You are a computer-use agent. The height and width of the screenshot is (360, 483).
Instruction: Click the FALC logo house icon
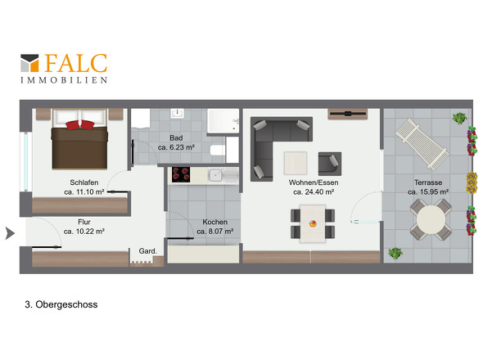[x=29, y=63]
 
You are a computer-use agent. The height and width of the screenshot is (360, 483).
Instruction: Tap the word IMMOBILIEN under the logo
[x=64, y=80]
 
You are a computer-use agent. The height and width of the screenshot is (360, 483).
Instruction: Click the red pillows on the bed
[x=79, y=124]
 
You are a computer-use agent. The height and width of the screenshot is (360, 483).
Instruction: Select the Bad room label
[x=176, y=138]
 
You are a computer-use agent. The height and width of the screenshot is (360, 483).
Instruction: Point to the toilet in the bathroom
[x=218, y=150]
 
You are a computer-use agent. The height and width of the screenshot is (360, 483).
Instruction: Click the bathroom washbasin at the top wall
[x=177, y=114]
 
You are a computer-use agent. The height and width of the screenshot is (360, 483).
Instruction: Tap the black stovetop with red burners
[x=181, y=174]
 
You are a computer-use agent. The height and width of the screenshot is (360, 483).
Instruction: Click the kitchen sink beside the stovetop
[x=215, y=176]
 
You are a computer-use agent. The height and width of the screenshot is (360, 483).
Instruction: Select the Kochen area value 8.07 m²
[x=215, y=232]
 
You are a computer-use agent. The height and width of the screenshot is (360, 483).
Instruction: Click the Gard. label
[x=148, y=251]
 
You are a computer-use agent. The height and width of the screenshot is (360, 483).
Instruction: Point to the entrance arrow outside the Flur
[x=10, y=233]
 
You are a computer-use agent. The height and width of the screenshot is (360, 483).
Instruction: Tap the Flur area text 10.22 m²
[x=84, y=232]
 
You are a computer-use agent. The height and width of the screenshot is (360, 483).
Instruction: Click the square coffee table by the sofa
[x=296, y=163]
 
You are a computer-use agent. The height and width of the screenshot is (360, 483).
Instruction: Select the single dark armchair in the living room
[x=330, y=164]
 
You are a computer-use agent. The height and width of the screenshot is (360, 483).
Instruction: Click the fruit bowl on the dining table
[x=313, y=223]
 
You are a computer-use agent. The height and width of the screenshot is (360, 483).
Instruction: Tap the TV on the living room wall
[x=347, y=114]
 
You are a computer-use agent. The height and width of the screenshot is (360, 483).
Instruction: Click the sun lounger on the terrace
[x=422, y=144]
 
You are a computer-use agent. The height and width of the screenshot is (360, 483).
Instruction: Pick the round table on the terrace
[x=431, y=219]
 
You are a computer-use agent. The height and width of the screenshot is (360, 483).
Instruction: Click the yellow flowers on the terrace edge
[x=472, y=183]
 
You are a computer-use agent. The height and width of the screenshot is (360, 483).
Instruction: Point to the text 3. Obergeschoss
[x=61, y=304]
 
